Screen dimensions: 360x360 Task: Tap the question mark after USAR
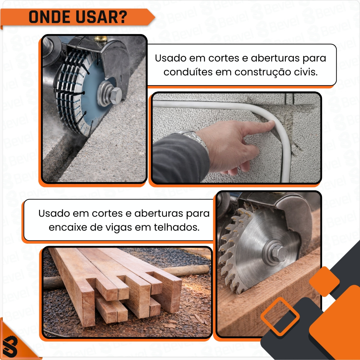pos(123,17)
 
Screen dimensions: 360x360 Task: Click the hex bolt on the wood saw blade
pos(279,253)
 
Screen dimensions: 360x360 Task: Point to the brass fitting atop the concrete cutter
pos(101,38)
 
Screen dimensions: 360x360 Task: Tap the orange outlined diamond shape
pos(280,316)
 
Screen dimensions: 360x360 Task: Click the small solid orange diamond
pos(324,281)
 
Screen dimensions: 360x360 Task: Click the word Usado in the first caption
pos(171,58)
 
